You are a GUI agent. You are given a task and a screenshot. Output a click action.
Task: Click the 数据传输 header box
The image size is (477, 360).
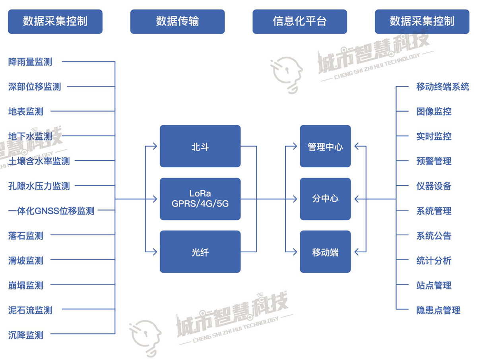pos(177,21)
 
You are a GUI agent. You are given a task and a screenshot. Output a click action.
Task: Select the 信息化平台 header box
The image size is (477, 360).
pos(300,21)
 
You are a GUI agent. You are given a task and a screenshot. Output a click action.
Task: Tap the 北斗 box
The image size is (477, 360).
pos(200,146)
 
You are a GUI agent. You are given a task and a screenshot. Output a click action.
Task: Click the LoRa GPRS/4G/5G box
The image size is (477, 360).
pos(200,199)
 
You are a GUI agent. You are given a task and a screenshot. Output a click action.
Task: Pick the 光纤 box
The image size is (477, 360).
pos(200,252)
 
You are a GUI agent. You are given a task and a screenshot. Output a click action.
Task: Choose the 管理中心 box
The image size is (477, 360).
pos(325,146)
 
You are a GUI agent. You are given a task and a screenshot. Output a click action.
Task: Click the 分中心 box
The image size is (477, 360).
pos(325,199)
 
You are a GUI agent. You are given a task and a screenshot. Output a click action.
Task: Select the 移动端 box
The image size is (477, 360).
pos(325,252)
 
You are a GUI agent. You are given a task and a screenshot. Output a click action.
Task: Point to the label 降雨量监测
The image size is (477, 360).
pos(30,62)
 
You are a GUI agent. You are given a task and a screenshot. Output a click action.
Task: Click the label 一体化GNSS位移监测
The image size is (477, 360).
pos(51,211)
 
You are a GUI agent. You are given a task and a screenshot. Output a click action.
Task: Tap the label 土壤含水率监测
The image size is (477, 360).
pos(39,161)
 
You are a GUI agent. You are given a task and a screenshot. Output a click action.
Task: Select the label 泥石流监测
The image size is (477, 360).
pos(30,310)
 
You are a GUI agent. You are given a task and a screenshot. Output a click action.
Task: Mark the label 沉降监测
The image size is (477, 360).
pos(26,335)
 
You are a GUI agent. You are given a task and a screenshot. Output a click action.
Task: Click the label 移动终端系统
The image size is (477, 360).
pos(442,87)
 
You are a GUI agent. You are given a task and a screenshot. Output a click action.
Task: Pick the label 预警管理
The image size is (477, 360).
pos(434,161)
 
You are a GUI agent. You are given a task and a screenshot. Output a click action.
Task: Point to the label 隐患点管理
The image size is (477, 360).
pos(438,310)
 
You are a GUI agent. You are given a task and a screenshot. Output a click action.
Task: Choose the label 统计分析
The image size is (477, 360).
pos(434,261)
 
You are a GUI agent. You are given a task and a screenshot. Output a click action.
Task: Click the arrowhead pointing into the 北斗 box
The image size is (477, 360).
pos(155,146)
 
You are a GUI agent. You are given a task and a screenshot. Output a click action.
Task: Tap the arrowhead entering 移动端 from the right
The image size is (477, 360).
pos(357,252)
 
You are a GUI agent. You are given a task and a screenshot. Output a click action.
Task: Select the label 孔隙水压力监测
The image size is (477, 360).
pos(39,186)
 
